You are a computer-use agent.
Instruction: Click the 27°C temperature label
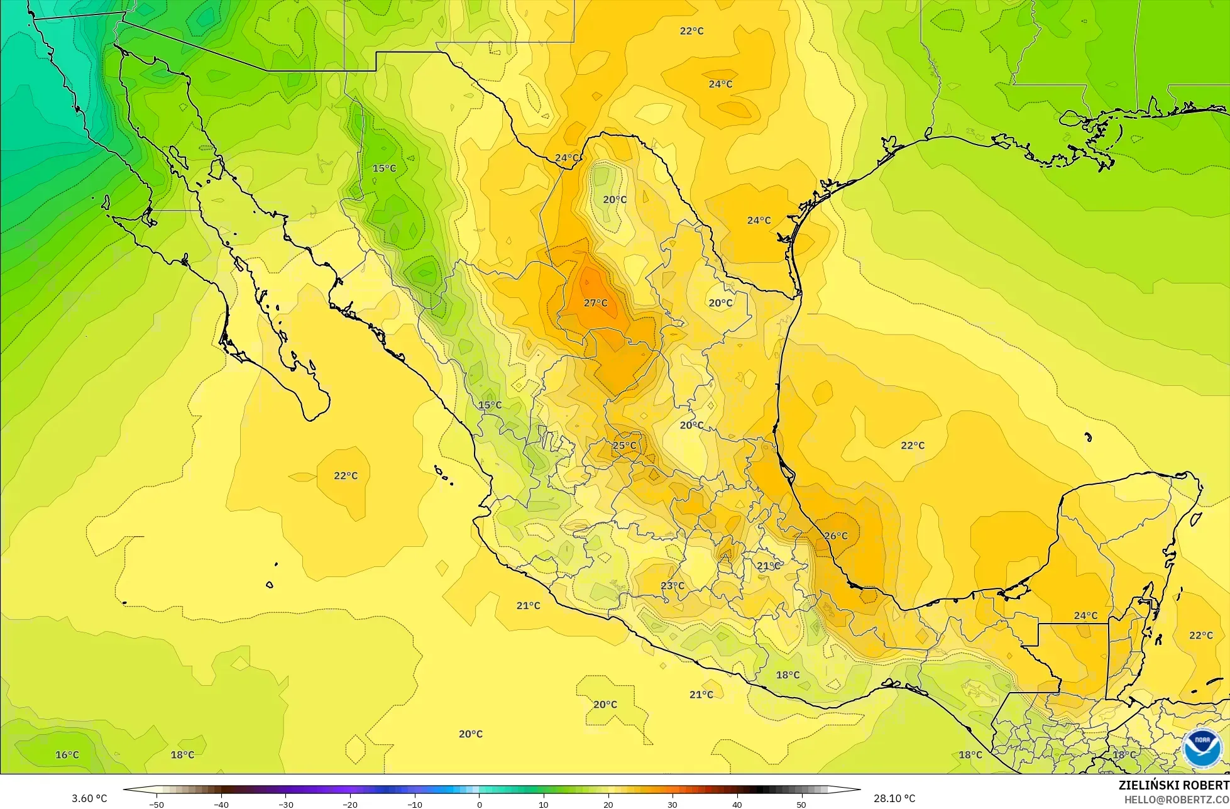click(595, 303)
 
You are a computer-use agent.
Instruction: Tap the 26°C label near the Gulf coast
click(835, 536)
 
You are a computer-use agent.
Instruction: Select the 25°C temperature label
click(624, 445)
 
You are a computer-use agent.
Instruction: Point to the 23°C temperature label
click(672, 585)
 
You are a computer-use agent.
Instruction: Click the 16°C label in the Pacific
click(67, 754)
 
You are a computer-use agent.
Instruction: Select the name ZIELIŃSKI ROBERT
click(1173, 785)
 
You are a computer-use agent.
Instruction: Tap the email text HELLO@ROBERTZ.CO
click(1177, 799)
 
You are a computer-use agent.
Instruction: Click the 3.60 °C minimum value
click(89, 798)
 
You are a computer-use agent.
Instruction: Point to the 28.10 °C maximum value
click(894, 798)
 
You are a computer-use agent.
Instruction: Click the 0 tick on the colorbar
click(479, 804)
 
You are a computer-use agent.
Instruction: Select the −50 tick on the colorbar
click(156, 804)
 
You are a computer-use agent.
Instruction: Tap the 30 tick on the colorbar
click(672, 804)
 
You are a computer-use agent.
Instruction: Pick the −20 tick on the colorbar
click(350, 804)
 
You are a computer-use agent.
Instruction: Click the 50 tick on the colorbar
click(801, 804)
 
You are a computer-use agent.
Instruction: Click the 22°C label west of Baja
click(345, 475)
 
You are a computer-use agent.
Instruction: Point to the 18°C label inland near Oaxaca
click(787, 674)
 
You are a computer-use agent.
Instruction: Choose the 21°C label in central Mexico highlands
click(768, 566)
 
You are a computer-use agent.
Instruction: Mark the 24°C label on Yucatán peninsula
click(1085, 615)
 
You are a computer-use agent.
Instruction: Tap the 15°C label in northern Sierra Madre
click(384, 168)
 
